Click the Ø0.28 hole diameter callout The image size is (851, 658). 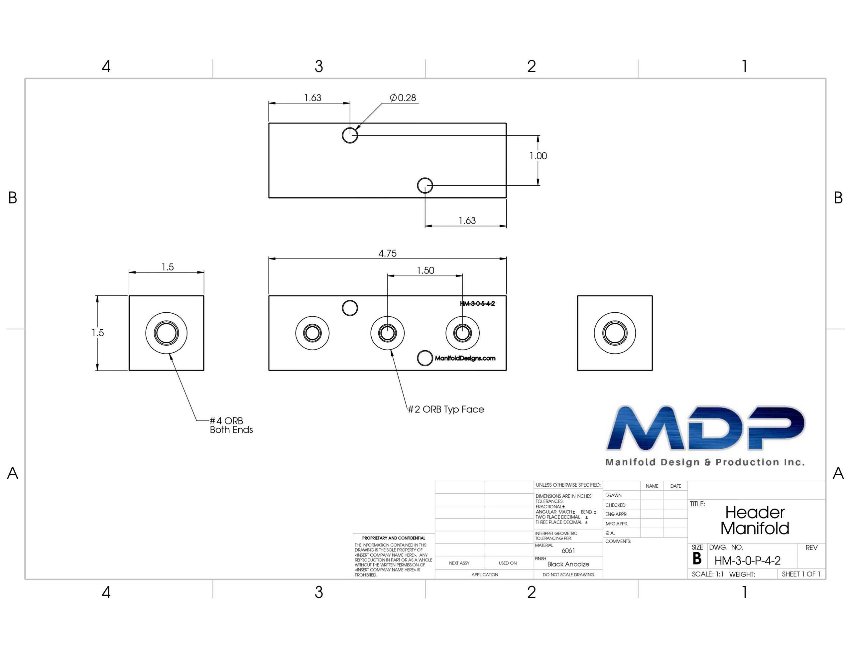[x=403, y=97]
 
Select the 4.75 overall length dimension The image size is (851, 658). [x=387, y=253]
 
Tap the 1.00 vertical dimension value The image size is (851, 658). [x=538, y=156]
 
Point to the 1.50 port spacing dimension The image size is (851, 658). [x=425, y=270]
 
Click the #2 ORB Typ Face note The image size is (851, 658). [x=446, y=409]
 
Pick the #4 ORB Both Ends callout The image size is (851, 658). [x=231, y=425]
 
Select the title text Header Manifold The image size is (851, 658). [x=755, y=520]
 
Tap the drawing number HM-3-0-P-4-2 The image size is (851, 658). [x=747, y=561]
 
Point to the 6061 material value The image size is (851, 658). [x=568, y=551]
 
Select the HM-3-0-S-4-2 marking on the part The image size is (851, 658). [x=477, y=303]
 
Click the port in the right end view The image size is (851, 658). [x=614, y=333]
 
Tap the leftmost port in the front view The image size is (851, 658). [x=312, y=333]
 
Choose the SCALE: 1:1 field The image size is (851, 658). [x=708, y=574]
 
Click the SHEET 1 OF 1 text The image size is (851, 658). [x=801, y=574]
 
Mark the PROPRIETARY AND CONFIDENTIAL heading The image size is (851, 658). [x=394, y=538]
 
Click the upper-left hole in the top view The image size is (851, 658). [x=350, y=135]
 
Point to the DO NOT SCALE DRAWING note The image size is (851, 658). [x=568, y=575]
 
